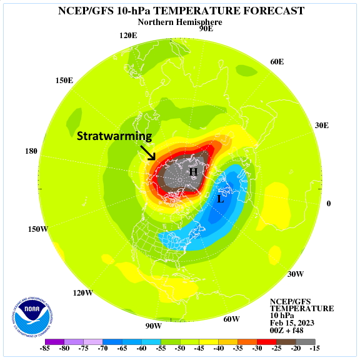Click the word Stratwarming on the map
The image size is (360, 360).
[x=114, y=136]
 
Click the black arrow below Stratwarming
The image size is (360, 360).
[x=148, y=152]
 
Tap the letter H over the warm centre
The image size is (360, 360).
[x=193, y=172]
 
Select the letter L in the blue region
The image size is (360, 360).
[x=220, y=199]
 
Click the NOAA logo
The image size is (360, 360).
[x=32, y=317]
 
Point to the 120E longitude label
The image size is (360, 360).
[x=128, y=36]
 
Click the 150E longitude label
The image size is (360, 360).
[x=64, y=81]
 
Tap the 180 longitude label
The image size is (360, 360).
[x=31, y=151]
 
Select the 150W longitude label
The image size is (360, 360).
[x=38, y=229]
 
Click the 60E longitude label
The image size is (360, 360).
[x=277, y=62]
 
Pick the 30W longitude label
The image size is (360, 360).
[x=296, y=274]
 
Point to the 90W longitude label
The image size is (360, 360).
[x=153, y=326]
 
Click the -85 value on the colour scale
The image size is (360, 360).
[x=45, y=348]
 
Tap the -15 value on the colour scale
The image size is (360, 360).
[x=314, y=348]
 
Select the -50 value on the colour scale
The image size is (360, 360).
[x=180, y=348]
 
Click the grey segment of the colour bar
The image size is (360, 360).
[x=306, y=342]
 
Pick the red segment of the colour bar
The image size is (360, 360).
[x=267, y=342]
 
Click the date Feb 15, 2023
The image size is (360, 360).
[x=292, y=322]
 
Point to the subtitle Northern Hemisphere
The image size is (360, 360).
[x=180, y=22]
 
